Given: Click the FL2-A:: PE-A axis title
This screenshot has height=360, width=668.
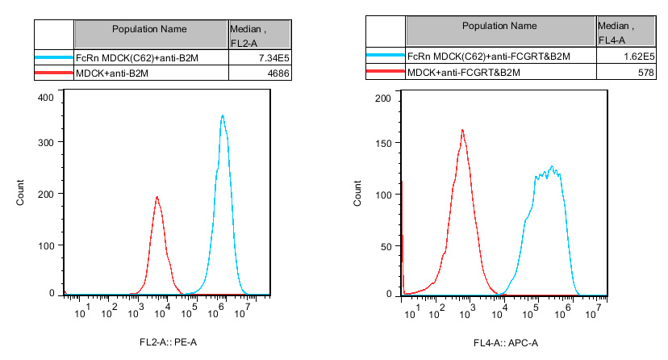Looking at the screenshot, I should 168,343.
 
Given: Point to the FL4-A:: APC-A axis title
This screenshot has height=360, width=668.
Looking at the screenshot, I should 507,343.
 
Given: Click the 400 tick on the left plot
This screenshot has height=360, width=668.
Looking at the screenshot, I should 46,98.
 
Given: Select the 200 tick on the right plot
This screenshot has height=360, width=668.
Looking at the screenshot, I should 383,98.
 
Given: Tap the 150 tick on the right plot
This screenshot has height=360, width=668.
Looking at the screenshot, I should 383,147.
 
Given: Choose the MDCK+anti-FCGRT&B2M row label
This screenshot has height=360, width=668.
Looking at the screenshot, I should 465,73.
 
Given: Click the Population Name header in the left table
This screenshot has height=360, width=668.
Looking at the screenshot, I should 150,29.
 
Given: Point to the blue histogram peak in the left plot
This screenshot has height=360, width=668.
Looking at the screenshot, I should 222,116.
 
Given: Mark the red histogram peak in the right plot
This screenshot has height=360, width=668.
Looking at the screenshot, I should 462,131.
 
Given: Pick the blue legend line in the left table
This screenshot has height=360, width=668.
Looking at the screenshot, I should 53,58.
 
